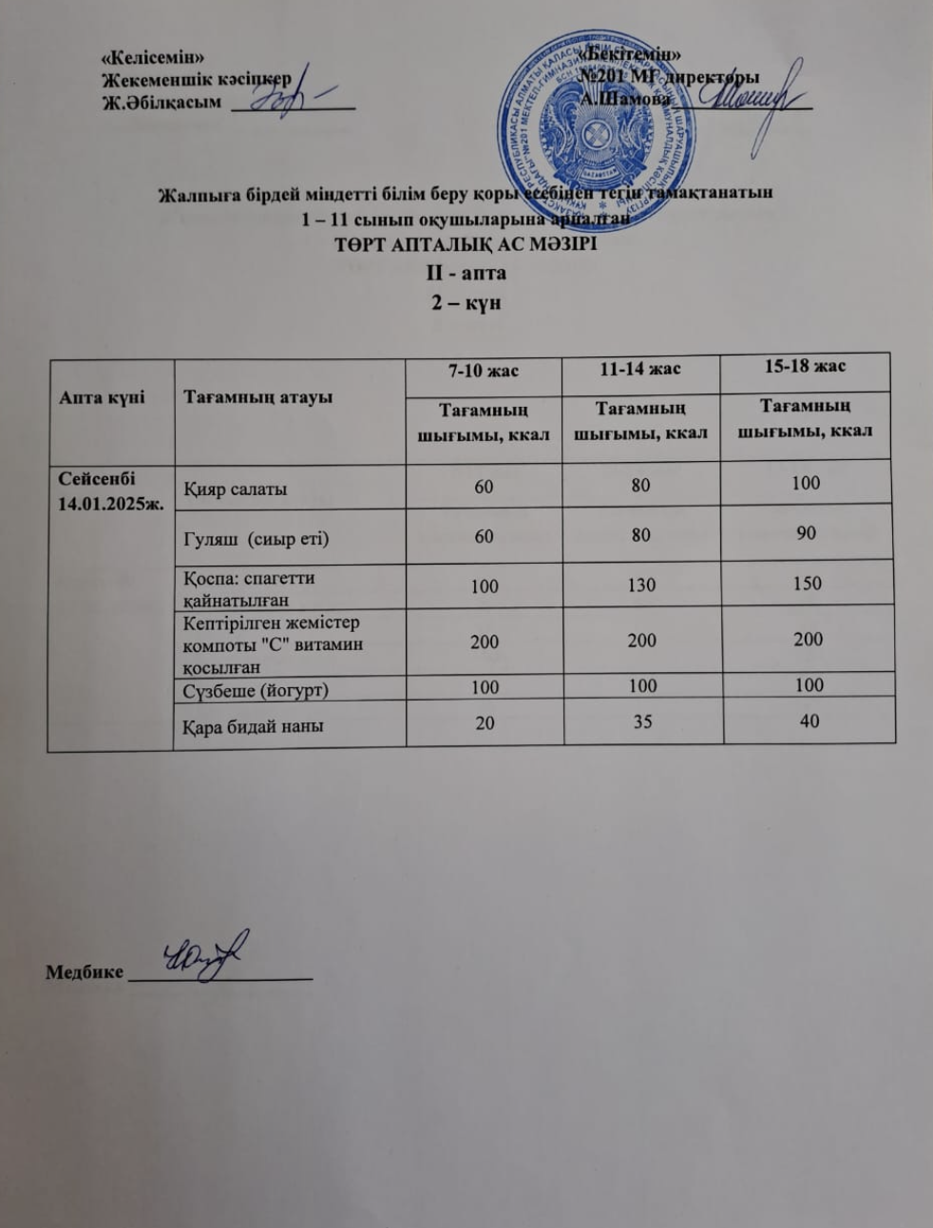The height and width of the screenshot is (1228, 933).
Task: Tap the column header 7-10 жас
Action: click(x=484, y=371)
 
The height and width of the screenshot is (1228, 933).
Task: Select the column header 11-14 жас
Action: click(x=639, y=369)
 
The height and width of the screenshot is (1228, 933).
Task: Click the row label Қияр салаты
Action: click(x=235, y=489)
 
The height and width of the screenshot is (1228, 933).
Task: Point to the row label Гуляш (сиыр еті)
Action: click(x=256, y=539)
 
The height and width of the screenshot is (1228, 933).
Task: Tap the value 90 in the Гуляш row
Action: click(x=806, y=533)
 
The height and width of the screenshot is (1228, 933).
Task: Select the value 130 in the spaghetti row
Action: click(x=641, y=585)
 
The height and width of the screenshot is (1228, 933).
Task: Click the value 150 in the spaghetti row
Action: click(x=807, y=583)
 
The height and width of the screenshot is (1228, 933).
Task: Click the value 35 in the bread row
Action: click(x=642, y=721)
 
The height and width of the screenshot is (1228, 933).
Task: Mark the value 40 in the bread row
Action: click(x=809, y=720)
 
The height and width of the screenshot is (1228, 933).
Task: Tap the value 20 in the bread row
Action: click(x=485, y=722)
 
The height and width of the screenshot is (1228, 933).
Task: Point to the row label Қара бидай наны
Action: click(x=253, y=726)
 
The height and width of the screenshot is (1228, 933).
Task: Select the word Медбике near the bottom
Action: click(x=85, y=972)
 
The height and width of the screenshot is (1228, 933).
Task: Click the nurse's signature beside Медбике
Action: click(x=204, y=953)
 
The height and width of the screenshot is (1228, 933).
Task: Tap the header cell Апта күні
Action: click(x=102, y=398)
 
